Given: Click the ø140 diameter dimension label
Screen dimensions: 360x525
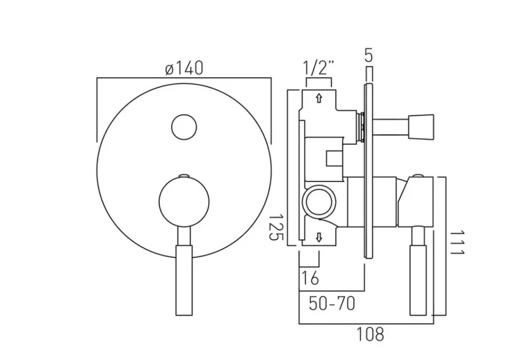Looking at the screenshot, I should click(184, 69).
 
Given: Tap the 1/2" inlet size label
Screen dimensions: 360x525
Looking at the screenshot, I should click(319, 69).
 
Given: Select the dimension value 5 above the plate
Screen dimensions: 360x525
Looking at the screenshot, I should click(368, 56).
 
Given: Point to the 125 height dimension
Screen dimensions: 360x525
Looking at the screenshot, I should click(279, 228).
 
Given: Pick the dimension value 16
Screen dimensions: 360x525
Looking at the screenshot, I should click(309, 279).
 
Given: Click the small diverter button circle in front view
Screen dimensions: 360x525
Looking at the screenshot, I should click(184, 126).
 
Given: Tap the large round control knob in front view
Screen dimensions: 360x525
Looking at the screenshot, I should click(183, 201).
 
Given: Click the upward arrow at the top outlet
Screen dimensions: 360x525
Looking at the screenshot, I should click(319, 98).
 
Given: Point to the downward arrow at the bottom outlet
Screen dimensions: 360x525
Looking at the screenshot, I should click(319, 237).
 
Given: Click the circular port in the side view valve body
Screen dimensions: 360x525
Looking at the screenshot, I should click(319, 202).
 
